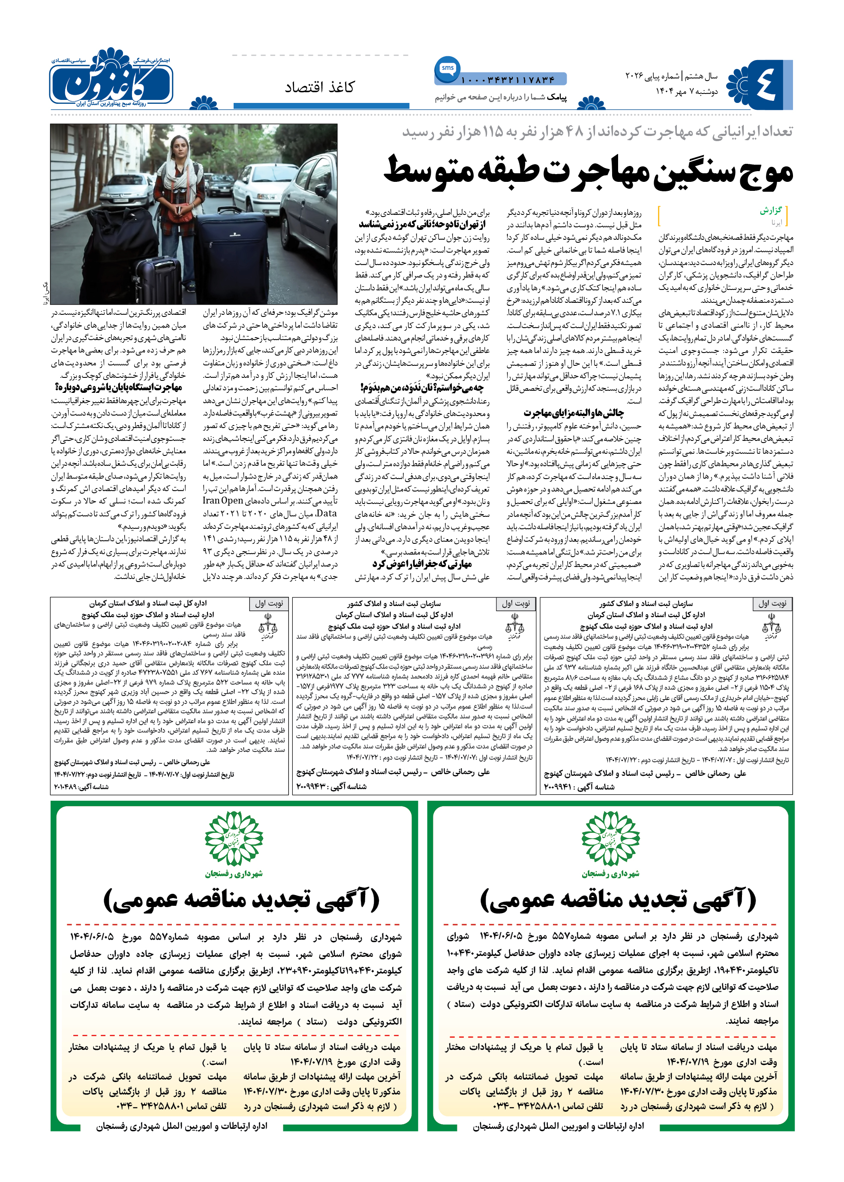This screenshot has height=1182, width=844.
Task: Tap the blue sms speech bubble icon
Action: (447, 68)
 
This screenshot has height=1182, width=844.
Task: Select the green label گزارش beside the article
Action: (771, 211)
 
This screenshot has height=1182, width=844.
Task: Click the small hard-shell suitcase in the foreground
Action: (156, 281)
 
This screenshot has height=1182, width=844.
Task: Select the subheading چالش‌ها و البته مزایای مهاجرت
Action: (573, 413)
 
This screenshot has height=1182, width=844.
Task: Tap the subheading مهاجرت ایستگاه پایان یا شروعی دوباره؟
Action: (118, 387)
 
